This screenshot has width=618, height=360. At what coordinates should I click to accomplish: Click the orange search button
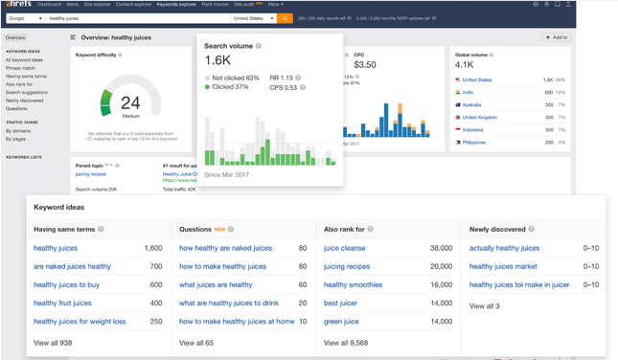tap(286, 18)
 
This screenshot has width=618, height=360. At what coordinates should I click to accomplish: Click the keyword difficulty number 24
tap(130, 101)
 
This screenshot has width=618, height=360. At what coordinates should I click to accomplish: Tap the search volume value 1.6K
tap(217, 60)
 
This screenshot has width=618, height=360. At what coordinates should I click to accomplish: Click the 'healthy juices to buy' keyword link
tap(66, 284)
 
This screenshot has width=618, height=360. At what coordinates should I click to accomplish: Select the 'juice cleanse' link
tap(344, 248)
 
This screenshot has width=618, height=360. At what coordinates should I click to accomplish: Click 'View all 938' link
tap(53, 342)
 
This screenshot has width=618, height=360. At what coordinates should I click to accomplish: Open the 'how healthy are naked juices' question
tap(225, 248)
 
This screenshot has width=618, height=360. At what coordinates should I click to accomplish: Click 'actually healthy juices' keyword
tap(504, 248)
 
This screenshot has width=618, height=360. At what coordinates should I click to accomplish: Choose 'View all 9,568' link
tap(347, 342)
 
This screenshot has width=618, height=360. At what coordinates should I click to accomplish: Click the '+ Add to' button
tap(556, 37)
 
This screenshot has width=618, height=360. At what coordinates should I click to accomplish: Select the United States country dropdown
tap(254, 18)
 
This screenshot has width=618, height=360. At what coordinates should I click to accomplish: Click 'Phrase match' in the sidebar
tap(21, 68)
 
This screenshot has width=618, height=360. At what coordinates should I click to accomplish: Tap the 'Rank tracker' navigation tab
tap(215, 4)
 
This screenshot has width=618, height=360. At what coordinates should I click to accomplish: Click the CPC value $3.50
tap(364, 65)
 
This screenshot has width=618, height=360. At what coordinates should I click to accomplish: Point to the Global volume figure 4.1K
tap(465, 65)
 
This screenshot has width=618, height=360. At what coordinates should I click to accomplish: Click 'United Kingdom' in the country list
tap(479, 117)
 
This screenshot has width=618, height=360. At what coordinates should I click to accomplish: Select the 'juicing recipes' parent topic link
tap(91, 174)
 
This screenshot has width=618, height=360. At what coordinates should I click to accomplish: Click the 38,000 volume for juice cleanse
tap(441, 248)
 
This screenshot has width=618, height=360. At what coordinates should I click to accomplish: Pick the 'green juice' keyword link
tap(341, 322)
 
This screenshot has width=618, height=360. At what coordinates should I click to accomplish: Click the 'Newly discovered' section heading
tap(497, 229)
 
